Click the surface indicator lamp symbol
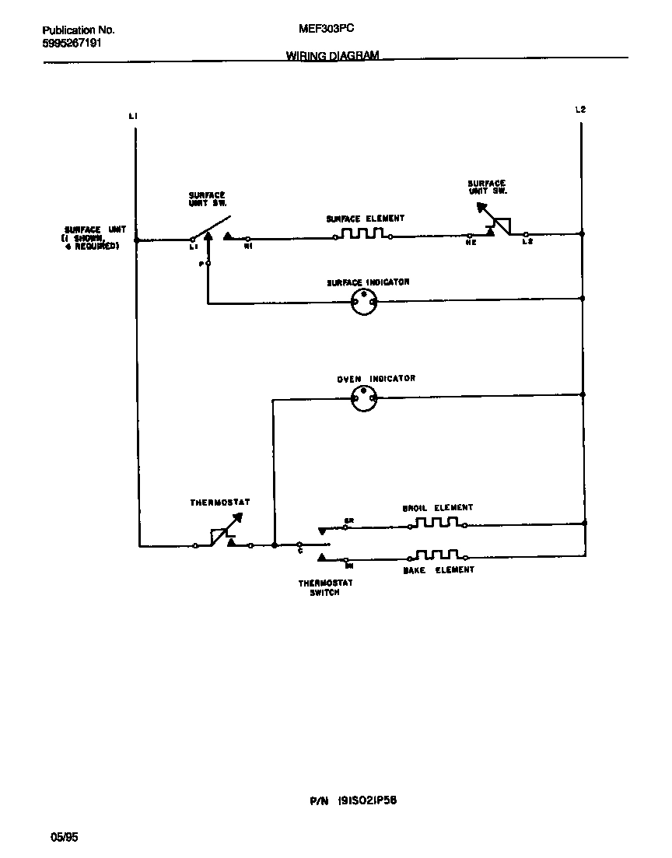click(x=363, y=302)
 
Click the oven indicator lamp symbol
click(x=363, y=399)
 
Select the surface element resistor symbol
click(x=362, y=234)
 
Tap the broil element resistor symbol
click(x=437, y=523)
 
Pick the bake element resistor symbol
click(x=437, y=555)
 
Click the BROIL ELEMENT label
click(x=437, y=508)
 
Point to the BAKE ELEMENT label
click(x=438, y=570)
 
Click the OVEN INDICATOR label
click(x=376, y=379)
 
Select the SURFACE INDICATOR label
click(x=368, y=282)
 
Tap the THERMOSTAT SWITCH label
click(x=320, y=587)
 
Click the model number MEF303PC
click(x=327, y=29)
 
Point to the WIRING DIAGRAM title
click(x=332, y=56)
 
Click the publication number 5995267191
click(x=72, y=44)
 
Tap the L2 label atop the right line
click(x=579, y=110)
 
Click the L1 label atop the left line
click(x=133, y=117)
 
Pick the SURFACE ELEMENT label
click(x=365, y=219)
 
